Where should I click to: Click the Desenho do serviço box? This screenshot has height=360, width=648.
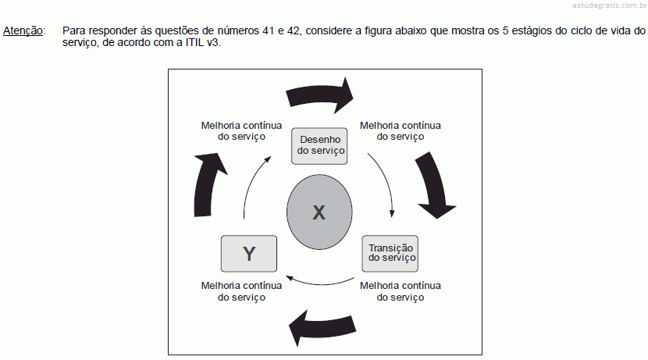click(x=319, y=146)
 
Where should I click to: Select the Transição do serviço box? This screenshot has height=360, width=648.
click(x=390, y=253)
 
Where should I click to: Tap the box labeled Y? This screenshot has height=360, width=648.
click(x=249, y=253)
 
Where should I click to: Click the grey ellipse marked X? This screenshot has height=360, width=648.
click(x=319, y=212)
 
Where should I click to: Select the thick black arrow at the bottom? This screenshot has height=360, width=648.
click(x=322, y=326)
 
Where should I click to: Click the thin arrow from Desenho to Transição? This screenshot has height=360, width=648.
click(x=385, y=182)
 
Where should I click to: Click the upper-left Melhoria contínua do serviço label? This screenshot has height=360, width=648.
click(x=241, y=131)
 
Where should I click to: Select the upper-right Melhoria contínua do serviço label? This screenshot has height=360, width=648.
click(x=400, y=131)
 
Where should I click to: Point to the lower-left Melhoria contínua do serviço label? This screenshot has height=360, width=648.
click(x=241, y=291)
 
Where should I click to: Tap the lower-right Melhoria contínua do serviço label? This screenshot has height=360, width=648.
click(x=400, y=291)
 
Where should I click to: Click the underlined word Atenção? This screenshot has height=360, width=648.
click(x=23, y=31)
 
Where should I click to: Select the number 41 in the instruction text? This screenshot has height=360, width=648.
click(x=268, y=30)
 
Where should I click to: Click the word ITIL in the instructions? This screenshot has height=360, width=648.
click(x=194, y=43)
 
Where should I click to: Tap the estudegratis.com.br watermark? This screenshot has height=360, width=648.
click(x=610, y=5)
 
